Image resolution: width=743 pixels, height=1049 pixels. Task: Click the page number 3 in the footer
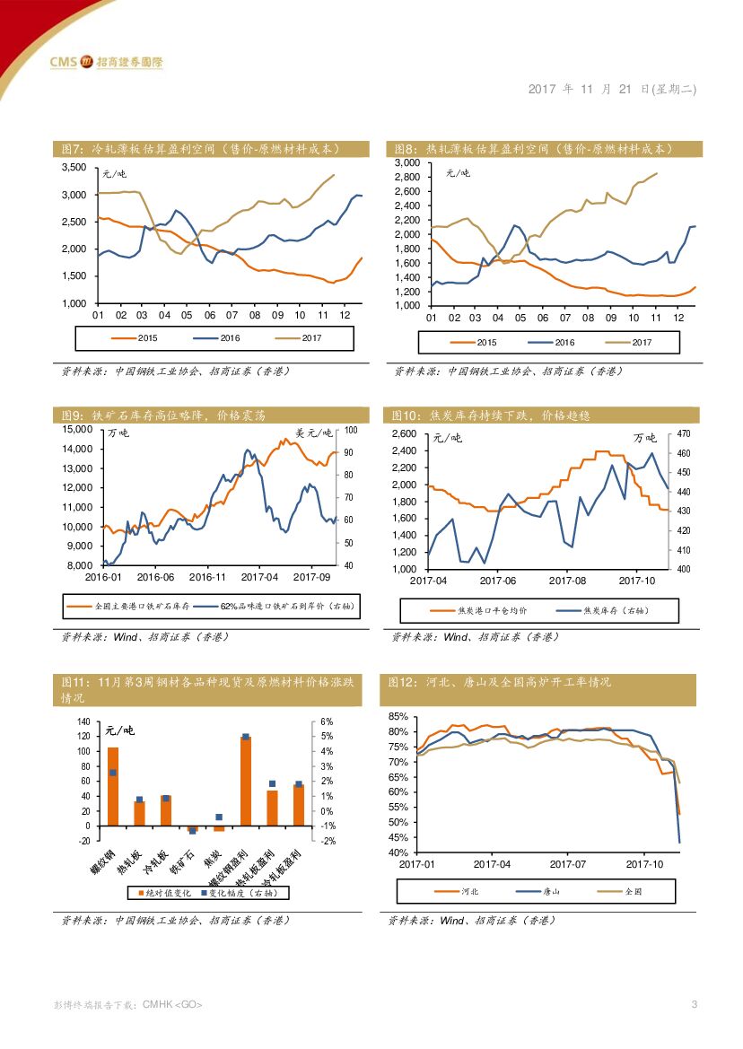(693, 1004)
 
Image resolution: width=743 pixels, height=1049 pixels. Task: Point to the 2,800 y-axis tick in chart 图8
(406, 178)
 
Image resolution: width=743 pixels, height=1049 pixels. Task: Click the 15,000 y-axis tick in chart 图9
(78, 430)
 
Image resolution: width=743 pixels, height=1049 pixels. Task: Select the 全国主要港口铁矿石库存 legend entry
(127, 607)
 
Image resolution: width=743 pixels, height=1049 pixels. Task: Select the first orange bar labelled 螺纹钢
(113, 786)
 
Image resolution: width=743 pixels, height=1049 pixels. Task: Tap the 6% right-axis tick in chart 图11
(327, 721)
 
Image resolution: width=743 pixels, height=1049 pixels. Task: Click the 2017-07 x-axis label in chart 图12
(567, 864)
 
